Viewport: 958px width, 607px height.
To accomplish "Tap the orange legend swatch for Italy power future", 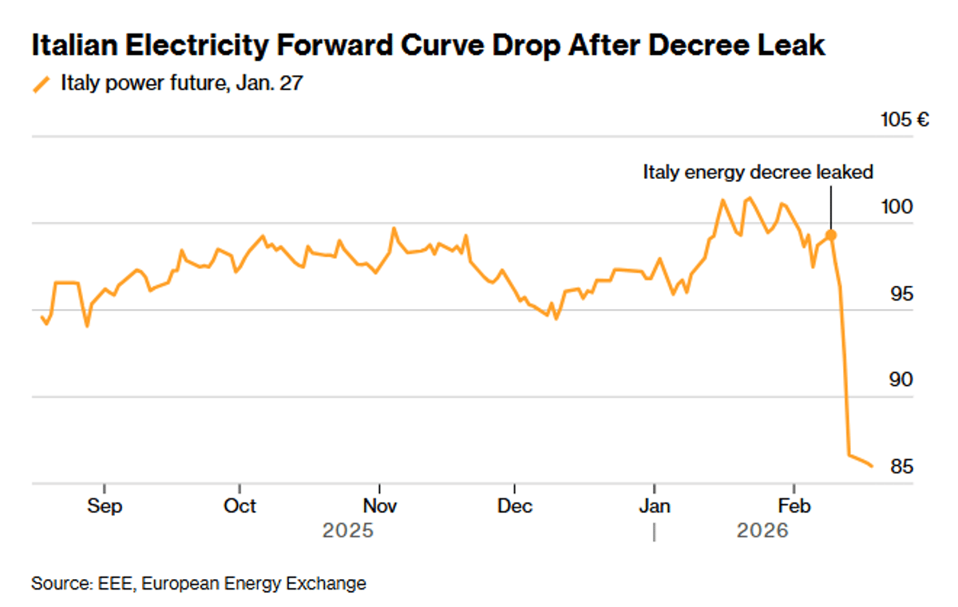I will coord(41,83).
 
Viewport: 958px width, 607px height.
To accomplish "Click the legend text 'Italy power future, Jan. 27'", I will coord(182,83).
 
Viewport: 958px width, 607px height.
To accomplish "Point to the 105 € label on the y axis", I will coord(905,121).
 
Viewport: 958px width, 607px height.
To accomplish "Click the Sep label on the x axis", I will coord(105,506).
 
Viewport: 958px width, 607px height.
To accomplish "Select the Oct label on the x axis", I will coord(239,506).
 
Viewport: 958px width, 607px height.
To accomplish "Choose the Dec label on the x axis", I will coord(515,506).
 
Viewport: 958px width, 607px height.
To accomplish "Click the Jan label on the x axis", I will coord(655,506).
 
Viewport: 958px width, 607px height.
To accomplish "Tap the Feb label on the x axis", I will coord(794,506).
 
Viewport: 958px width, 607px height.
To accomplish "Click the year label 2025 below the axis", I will coord(347,530).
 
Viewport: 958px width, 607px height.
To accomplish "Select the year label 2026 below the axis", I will coord(762,530).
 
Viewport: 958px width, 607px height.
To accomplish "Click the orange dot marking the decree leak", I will coord(831,235).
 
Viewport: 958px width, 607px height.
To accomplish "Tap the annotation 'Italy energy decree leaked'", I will coord(758,172).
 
